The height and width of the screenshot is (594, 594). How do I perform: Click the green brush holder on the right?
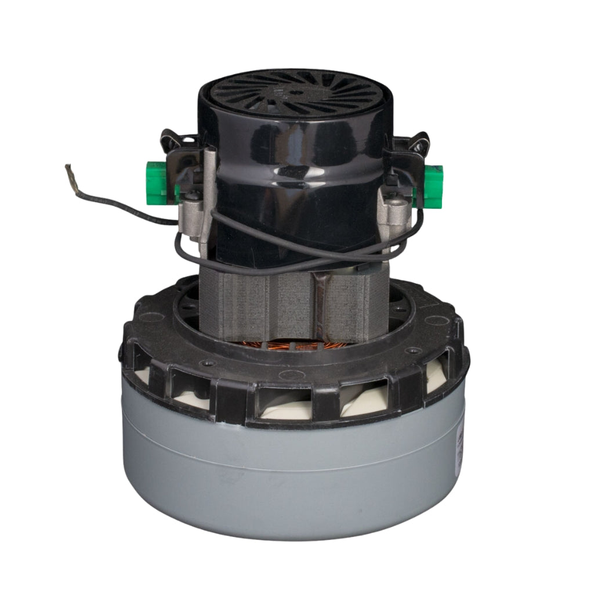tap(433, 185)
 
